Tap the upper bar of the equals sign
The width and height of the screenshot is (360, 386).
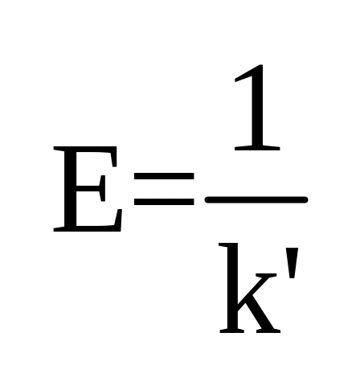point(164,176)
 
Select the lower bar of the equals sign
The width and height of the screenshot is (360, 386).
point(164,202)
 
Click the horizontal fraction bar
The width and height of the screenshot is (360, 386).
point(256,199)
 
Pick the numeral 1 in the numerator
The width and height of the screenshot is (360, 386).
point(257,107)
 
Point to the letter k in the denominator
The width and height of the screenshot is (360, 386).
point(250,288)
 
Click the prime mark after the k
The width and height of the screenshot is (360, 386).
point(292,264)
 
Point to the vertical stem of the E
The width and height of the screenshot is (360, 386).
point(70,189)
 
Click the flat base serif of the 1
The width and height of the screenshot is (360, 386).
point(257,148)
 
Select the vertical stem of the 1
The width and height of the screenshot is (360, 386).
point(257,107)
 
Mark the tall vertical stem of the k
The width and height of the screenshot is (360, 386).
point(231,288)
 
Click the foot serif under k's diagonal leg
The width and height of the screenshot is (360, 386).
point(268,331)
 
